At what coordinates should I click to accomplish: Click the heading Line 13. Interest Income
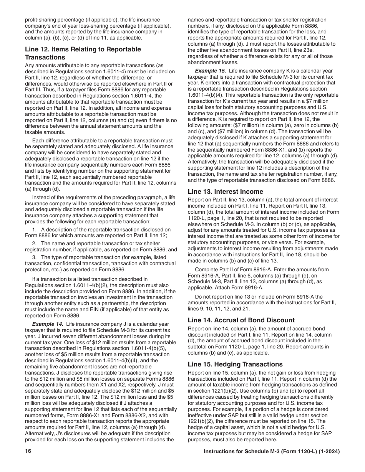tap(226, 191)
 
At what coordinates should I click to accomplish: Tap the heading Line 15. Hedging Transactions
tap(235, 364)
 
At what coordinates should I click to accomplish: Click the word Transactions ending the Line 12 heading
tap(45, 58)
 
